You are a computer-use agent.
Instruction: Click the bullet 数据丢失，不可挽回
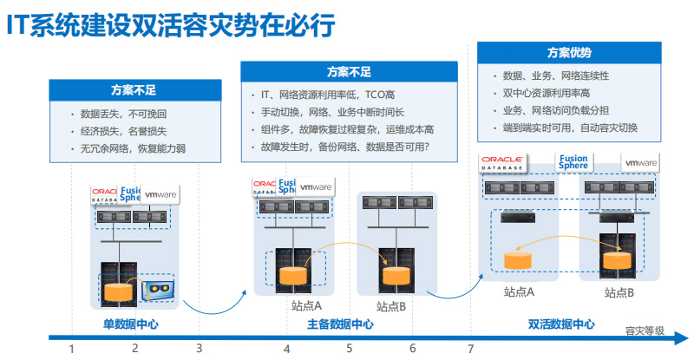coord(122,114)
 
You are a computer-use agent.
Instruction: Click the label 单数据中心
coord(130,324)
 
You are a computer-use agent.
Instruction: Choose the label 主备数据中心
coord(340,324)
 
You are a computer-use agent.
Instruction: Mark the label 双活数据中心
coord(561,324)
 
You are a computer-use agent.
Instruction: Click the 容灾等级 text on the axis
coord(645,331)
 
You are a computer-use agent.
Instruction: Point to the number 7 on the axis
coord(471,349)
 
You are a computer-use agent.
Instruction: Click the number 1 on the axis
coord(72,349)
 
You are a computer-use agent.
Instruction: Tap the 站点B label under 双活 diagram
coord(619,292)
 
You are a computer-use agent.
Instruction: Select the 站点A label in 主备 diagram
coord(306,305)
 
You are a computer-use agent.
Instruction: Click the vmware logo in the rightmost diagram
coord(640,162)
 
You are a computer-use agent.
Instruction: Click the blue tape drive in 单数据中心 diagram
coord(157,287)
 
